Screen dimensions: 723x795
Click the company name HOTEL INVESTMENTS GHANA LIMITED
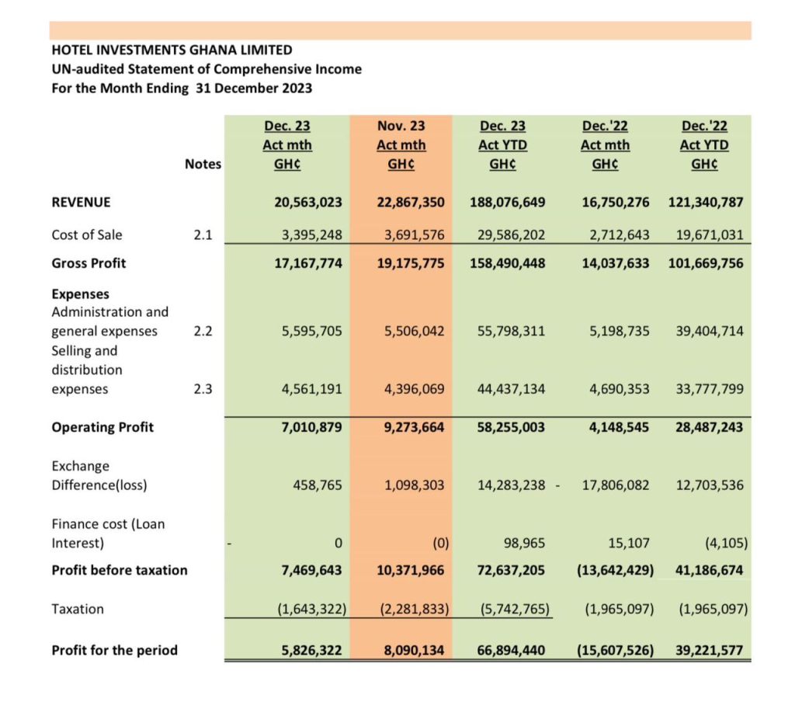click(172, 50)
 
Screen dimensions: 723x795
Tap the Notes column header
click(203, 164)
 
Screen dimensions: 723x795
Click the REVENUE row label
click(81, 203)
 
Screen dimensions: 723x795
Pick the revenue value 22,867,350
click(410, 203)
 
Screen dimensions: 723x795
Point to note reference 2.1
click(203, 235)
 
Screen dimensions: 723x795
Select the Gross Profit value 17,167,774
click(308, 263)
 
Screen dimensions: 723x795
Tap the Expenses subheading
click(80, 294)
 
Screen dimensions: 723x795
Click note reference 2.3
click(203, 389)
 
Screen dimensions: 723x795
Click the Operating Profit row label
click(102, 427)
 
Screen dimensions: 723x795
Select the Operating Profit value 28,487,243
click(709, 427)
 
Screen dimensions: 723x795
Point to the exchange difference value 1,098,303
click(415, 485)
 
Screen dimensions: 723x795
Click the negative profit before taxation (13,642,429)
click(615, 570)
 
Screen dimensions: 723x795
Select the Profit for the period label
click(114, 650)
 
